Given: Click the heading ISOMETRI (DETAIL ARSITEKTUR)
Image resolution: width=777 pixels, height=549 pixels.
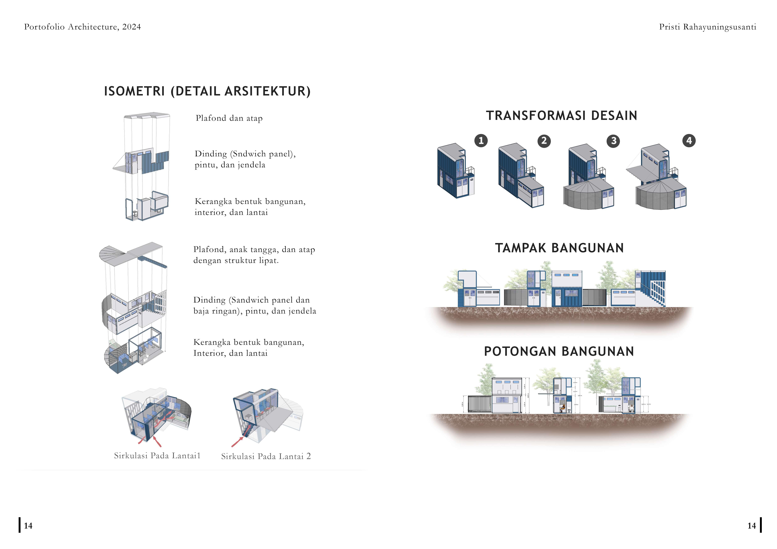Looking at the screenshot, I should coord(207,91).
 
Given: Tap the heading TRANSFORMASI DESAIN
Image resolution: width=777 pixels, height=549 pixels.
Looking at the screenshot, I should coord(561,116).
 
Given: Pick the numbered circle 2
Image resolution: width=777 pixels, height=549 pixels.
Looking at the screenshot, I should coord(544,141).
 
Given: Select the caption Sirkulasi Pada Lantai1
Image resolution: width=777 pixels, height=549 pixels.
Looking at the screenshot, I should coord(157,456).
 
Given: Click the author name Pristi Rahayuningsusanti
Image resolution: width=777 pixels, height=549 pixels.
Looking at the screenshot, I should coord(707,27).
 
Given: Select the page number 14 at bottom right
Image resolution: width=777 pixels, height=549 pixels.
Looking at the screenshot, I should coord(751,526).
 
